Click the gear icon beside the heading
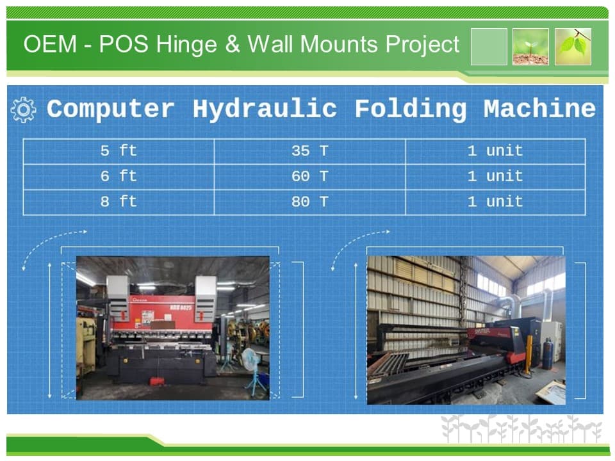(24, 109)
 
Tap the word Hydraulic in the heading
(265, 109)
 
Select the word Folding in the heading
(411, 109)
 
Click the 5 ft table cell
(119, 151)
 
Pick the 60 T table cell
(310, 177)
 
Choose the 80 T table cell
(310, 202)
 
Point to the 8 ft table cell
(119, 202)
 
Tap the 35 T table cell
(310, 151)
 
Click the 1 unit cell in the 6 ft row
(495, 177)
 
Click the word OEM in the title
(50, 44)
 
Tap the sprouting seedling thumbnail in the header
(530, 47)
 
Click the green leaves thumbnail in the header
(573, 47)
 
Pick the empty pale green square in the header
(489, 47)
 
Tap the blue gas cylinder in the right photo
(548, 354)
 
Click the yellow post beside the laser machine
(529, 354)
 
